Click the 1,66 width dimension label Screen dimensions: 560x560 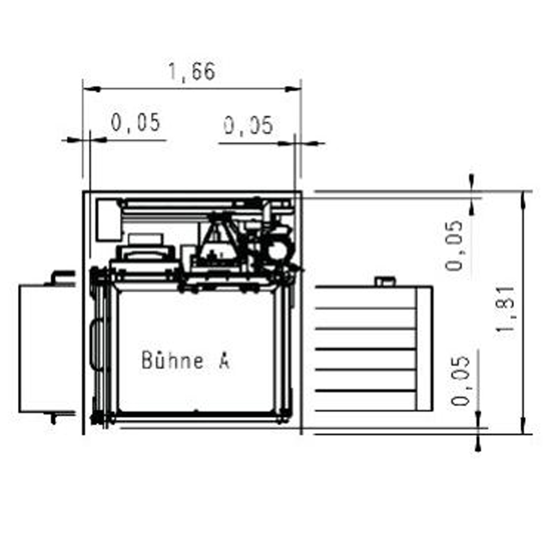pos(192,72)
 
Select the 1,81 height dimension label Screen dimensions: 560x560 pos(506,309)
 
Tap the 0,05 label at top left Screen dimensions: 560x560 pos(136,123)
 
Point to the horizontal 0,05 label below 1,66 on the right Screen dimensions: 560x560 pos(249,125)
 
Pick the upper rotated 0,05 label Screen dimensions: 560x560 pos(454,246)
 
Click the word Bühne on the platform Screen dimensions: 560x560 pos(172,360)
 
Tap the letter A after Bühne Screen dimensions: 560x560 pos(224,361)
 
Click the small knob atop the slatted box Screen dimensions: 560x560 pos(385,282)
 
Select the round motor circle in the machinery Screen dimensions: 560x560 pos(278,250)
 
